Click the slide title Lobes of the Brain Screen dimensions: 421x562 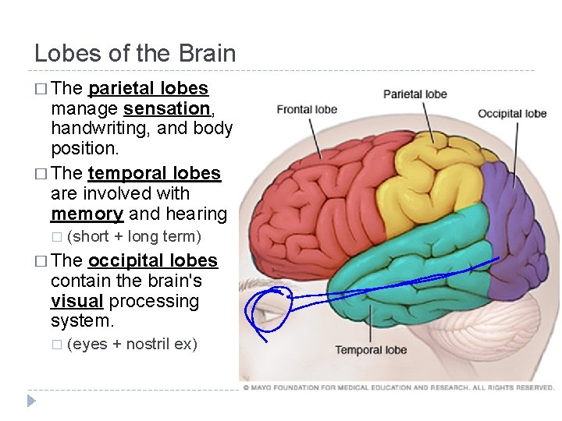click(135, 53)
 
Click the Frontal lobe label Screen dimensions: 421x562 click(307, 109)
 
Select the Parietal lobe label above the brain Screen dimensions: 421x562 click(414, 94)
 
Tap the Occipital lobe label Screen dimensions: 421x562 click(512, 114)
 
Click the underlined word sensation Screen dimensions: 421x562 click(167, 108)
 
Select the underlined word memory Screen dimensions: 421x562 click(87, 214)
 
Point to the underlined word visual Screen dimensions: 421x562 click(77, 301)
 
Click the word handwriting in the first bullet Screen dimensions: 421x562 click(98, 128)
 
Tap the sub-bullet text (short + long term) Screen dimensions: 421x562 click(134, 236)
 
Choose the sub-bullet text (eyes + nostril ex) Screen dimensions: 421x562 click(132, 344)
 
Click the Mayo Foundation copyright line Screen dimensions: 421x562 click(398, 387)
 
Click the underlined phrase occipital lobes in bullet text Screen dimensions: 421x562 click(153, 260)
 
